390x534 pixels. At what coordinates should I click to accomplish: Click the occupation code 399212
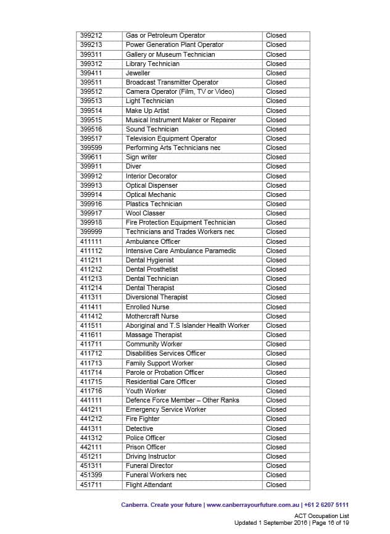point(91,36)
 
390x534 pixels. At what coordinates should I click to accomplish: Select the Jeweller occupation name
point(138,73)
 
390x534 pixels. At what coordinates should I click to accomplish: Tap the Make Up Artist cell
point(147,111)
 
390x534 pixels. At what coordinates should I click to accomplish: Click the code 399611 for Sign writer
point(91,157)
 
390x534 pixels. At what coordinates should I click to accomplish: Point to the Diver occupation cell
point(134,167)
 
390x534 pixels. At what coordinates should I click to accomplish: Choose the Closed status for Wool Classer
point(276,214)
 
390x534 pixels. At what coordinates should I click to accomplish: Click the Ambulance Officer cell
point(153,241)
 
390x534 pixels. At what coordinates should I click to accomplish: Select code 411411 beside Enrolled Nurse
point(91,307)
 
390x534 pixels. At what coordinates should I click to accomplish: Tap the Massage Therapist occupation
point(154,335)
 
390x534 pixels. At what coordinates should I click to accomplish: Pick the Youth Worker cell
point(146,391)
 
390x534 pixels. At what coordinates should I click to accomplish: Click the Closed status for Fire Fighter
point(276,419)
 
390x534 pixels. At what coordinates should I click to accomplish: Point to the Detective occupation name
point(139,428)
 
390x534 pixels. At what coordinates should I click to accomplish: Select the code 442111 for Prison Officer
point(91,447)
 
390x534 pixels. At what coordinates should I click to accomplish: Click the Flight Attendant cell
point(149,485)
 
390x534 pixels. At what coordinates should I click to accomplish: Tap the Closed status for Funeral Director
point(276,466)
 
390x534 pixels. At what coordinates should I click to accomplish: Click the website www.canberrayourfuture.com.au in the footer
point(253,505)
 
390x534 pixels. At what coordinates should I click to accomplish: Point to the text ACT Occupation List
point(322,515)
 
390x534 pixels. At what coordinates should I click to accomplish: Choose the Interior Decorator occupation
point(152,176)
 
